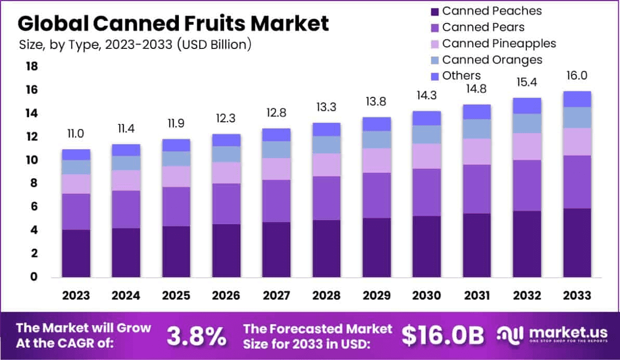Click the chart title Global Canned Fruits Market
[173, 24]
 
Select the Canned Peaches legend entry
[491, 11]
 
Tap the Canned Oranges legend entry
[492, 60]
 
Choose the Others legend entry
[461, 76]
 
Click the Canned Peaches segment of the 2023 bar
[76, 253]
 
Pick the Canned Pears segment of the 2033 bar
[577, 182]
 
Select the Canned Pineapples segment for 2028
[327, 164]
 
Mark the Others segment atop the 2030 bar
[427, 118]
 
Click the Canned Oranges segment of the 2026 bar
[226, 154]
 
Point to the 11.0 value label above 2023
[76, 134]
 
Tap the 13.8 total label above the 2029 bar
[377, 102]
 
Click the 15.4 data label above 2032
[527, 83]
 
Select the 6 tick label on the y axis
[32, 207]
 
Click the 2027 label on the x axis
[276, 295]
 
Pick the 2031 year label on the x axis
[476, 295]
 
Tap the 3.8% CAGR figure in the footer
[197, 336]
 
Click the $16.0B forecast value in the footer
[443, 336]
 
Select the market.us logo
[552, 336]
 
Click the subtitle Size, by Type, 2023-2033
[135, 45]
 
